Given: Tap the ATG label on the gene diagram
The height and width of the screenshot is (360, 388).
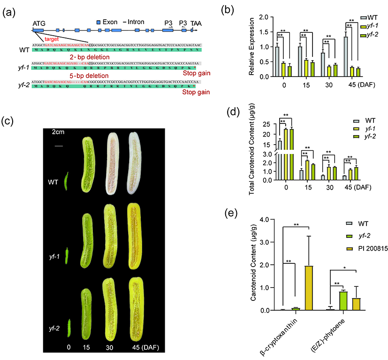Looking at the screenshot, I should [x=39, y=22].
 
